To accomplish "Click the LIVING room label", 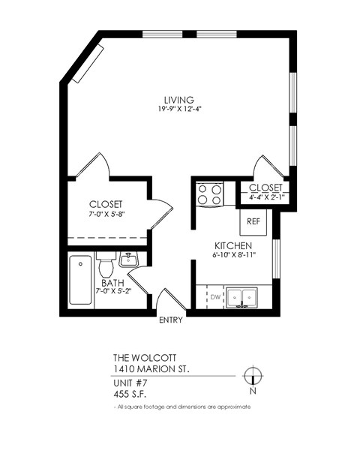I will tap(180, 100).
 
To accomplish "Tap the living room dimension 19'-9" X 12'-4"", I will tap(180, 110).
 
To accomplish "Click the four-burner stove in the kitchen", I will tap(209, 195).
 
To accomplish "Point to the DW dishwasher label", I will tap(216, 298).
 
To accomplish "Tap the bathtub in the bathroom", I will tap(80, 281).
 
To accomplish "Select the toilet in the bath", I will tap(106, 267).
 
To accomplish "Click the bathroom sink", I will tap(130, 261).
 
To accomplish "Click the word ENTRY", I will tap(170, 321).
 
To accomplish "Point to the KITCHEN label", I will tap(232, 246).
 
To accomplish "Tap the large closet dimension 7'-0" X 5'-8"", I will tap(106, 214).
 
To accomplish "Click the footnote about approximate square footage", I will tap(178, 407).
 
